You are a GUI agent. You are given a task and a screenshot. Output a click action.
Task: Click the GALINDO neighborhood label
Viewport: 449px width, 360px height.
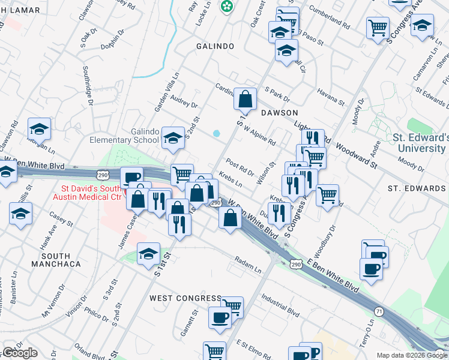(217, 46)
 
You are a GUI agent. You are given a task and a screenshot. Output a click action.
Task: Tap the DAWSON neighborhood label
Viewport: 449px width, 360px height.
(279, 112)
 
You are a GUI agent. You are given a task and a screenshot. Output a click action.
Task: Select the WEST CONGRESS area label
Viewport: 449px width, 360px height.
(185, 298)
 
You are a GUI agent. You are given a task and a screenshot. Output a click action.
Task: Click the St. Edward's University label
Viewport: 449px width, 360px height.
(420, 142)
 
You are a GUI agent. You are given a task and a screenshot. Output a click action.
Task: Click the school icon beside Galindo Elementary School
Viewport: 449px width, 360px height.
(173, 138)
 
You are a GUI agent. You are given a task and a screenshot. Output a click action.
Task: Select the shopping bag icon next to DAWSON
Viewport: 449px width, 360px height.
(246, 98)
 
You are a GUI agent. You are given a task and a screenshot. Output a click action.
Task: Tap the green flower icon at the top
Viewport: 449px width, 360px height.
(228, 7)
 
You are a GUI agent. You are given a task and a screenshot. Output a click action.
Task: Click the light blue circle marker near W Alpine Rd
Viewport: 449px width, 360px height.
(216, 133)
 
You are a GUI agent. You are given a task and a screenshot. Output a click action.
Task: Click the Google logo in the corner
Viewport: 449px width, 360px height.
(19, 353)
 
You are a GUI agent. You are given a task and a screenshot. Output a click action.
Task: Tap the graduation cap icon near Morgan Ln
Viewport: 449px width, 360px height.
(39, 128)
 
